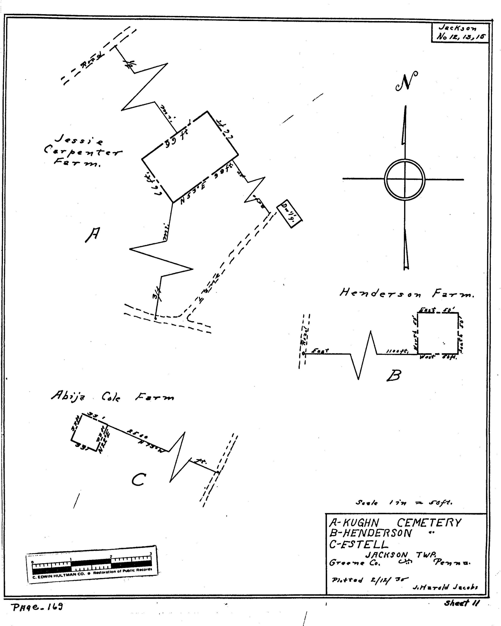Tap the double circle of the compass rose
point(405,179)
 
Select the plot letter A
point(93,234)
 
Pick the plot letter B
point(394,375)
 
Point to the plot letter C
point(138,480)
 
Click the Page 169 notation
point(37,607)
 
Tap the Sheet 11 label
point(462,603)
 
